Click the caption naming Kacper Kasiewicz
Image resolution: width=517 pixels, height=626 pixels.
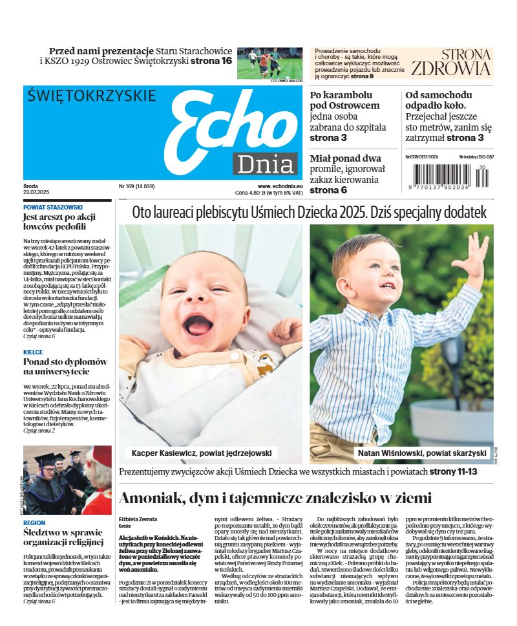pyautogui.click(x=202, y=453)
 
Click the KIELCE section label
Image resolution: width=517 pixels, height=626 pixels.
pyautogui.click(x=33, y=352)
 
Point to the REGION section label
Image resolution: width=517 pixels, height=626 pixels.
pyautogui.click(x=34, y=523)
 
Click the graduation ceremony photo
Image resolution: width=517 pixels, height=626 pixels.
pyautogui.click(x=67, y=480)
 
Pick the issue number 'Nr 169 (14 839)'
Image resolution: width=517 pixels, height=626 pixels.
pyautogui.click(x=136, y=187)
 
